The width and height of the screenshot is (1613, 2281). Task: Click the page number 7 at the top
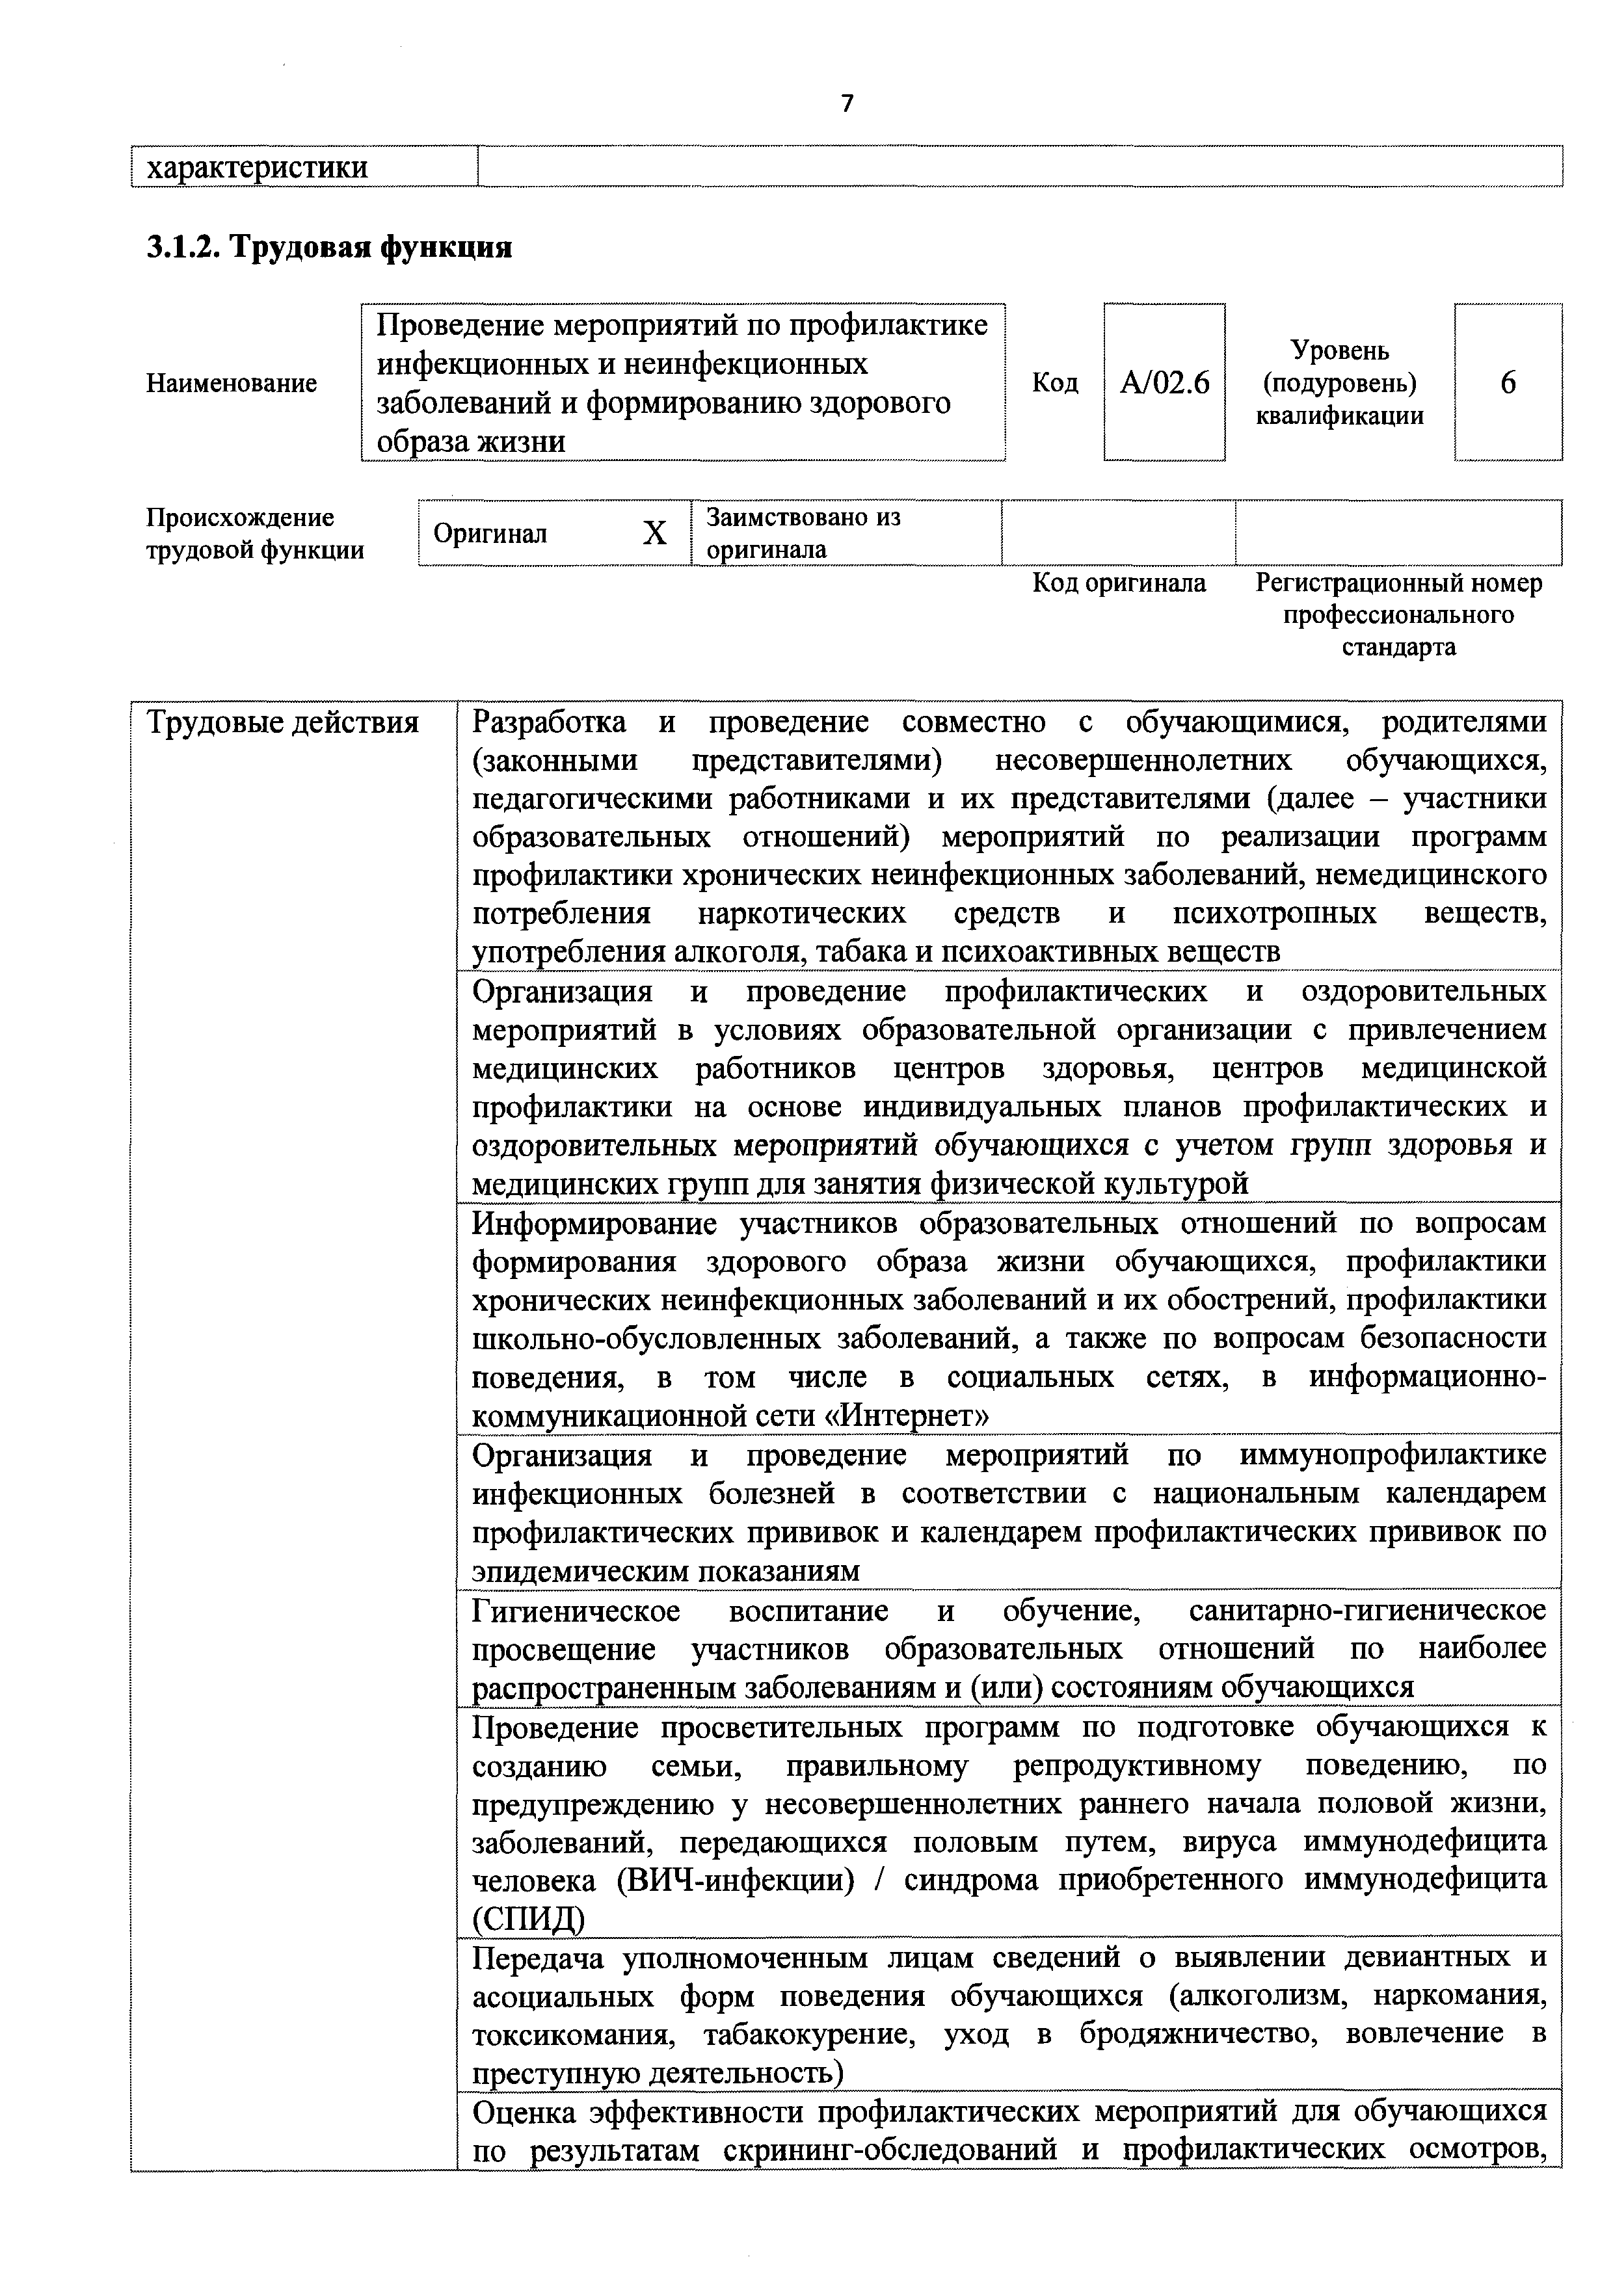tap(847, 103)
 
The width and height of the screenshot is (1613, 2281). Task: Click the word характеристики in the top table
tap(258, 167)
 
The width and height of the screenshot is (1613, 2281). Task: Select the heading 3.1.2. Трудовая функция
tap(329, 246)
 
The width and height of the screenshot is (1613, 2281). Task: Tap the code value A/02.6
tap(1165, 382)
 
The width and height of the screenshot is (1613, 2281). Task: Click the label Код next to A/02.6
tap(1054, 382)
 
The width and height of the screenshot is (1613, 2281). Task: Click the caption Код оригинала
tap(1119, 583)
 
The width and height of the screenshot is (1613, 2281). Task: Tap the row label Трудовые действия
tap(283, 722)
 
